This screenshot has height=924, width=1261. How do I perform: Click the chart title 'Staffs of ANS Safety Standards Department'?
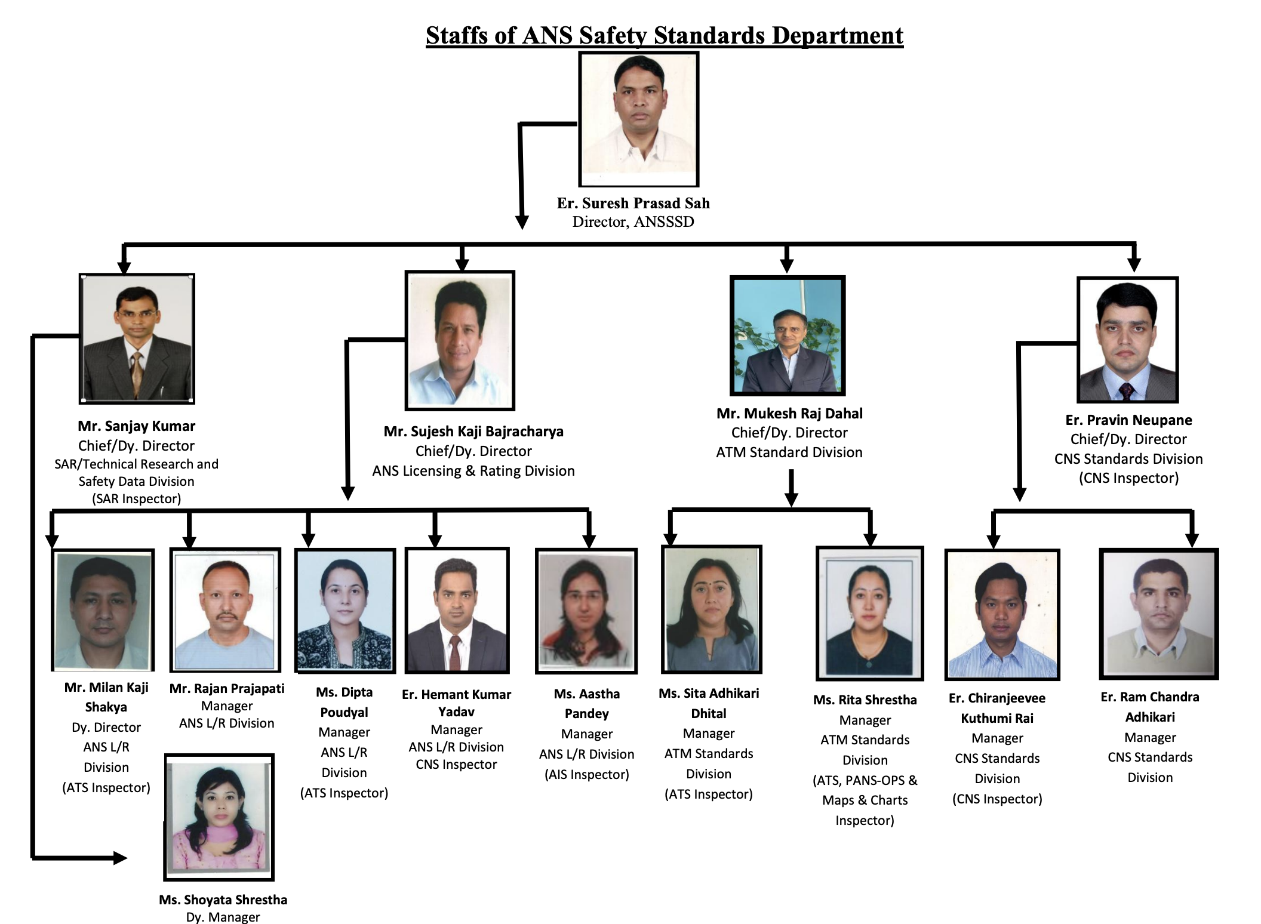pos(664,35)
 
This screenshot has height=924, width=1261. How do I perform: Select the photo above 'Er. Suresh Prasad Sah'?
pos(638,119)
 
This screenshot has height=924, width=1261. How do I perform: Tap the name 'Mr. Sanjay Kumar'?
pos(136,426)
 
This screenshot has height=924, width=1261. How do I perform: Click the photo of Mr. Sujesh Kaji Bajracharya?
pos(459,340)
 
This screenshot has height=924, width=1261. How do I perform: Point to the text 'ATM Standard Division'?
pos(789,452)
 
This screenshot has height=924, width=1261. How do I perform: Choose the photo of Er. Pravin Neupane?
pos(1127,340)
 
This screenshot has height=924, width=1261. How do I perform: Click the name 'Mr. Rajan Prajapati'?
pos(227,689)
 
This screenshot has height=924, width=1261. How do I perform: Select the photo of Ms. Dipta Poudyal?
pos(345,610)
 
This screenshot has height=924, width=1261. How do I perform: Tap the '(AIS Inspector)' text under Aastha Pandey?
pos(586,775)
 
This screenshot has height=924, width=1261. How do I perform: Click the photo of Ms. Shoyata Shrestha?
pos(219,817)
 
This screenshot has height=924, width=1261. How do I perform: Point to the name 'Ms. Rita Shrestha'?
pos(865,700)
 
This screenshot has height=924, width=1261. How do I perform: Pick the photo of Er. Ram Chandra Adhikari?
pos(1158,614)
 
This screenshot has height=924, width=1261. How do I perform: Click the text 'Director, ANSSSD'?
pos(633,222)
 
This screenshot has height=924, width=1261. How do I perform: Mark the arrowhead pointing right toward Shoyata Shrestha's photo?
pos(121,858)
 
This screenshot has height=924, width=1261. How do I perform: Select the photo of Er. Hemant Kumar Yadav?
pos(457,610)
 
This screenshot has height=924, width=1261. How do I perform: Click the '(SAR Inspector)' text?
pos(136,499)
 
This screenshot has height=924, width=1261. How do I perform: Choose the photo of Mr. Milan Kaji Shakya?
pos(103,610)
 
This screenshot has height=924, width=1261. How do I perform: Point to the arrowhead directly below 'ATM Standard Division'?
pos(791,499)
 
